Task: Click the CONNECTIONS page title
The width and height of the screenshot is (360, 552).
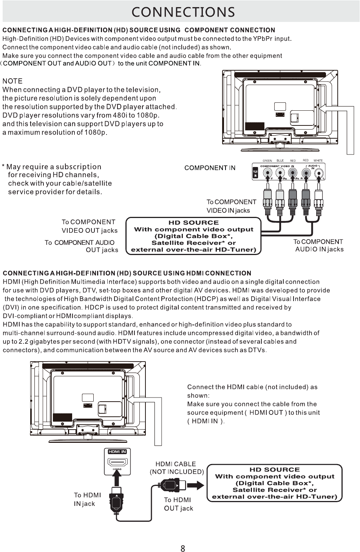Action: click(x=183, y=12)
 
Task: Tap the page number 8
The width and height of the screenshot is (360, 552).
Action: click(x=183, y=548)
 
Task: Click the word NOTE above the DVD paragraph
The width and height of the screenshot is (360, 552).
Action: click(x=12, y=81)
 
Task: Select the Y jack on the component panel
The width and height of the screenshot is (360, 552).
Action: click(x=267, y=173)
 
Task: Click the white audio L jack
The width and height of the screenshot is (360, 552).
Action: click(x=319, y=173)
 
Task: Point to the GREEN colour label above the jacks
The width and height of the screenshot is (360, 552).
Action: click(x=267, y=161)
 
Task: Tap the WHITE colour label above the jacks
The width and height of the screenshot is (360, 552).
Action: click(x=318, y=161)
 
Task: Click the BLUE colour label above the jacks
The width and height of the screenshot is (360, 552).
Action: click(x=280, y=161)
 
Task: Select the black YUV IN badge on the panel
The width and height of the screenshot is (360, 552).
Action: click(x=255, y=173)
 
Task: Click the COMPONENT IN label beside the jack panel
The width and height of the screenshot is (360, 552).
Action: click(x=210, y=168)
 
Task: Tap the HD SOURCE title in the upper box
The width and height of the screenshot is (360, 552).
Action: click(x=193, y=223)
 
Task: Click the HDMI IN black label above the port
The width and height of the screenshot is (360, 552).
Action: click(x=117, y=451)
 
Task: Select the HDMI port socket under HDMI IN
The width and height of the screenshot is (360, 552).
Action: click(x=117, y=462)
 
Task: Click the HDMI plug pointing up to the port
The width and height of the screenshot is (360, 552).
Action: click(x=117, y=499)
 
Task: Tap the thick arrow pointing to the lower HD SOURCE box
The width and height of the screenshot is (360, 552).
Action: click(x=195, y=485)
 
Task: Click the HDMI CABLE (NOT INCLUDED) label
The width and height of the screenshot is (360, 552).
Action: click(x=176, y=468)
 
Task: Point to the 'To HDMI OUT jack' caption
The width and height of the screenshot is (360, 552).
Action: click(x=178, y=504)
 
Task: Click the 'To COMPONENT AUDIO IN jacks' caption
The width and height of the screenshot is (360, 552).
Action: click(x=319, y=245)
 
